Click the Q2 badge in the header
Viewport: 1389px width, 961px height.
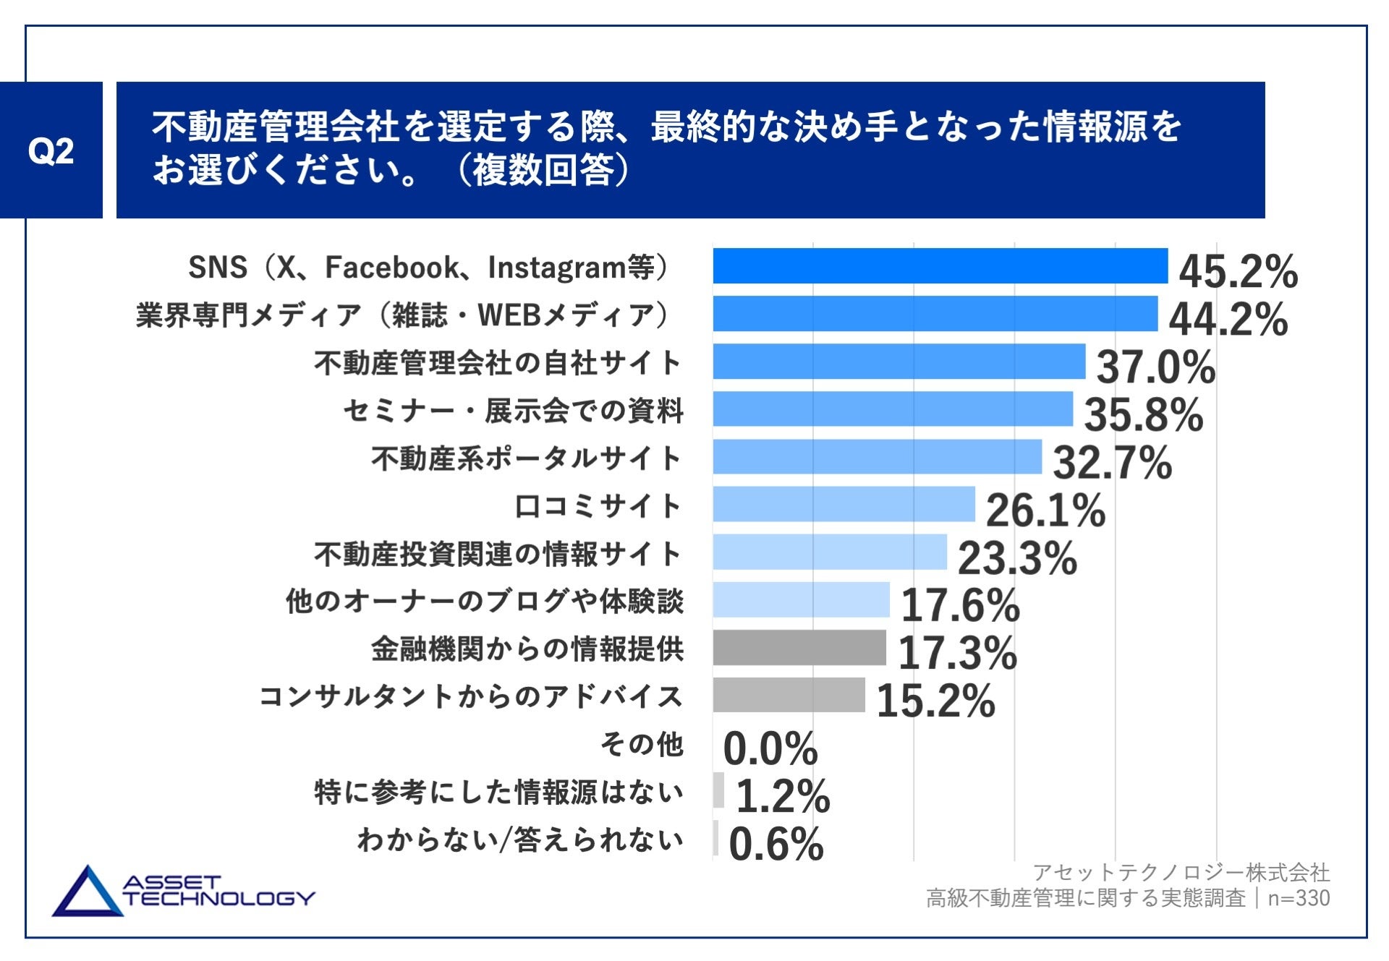pyautogui.click(x=51, y=150)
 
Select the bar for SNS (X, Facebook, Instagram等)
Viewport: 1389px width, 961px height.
pyautogui.click(x=940, y=266)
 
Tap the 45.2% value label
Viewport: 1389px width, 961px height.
pyautogui.click(x=1238, y=272)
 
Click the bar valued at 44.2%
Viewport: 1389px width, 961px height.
pyautogui.click(x=935, y=314)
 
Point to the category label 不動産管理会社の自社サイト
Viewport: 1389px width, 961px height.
pyautogui.click(x=498, y=362)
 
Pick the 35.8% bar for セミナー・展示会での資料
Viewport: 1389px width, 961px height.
pyautogui.click(x=893, y=409)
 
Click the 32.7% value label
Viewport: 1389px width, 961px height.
pyautogui.click(x=1112, y=463)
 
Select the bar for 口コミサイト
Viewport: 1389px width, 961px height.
pyautogui.click(x=844, y=505)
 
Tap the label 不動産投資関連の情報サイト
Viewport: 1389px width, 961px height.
pyautogui.click(x=498, y=554)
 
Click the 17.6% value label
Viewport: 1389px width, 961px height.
pyautogui.click(x=960, y=606)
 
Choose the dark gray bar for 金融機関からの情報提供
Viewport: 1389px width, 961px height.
pyautogui.click(x=799, y=648)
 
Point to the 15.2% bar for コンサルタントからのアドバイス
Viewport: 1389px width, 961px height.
pyautogui.click(x=789, y=696)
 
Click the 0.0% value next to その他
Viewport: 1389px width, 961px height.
pyautogui.click(x=770, y=749)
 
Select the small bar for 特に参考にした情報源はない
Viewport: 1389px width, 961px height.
pyautogui.click(x=718, y=790)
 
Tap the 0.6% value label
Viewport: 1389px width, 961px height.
pyautogui.click(x=776, y=845)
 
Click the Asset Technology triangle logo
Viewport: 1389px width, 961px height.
pyautogui.click(x=88, y=893)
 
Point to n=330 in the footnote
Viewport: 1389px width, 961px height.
pyautogui.click(x=1299, y=898)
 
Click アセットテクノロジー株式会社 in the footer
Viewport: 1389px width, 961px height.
pyautogui.click(x=1181, y=873)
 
